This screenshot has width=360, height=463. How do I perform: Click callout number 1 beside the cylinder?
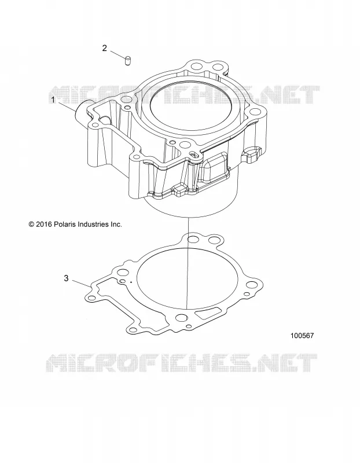click(x=53, y=100)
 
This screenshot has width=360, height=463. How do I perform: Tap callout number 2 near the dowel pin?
click(x=105, y=48)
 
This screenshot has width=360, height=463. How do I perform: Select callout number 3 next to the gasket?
click(x=66, y=278)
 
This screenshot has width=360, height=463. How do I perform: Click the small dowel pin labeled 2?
click(x=128, y=60)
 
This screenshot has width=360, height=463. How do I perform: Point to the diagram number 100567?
click(x=302, y=336)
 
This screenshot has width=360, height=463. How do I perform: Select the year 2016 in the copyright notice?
click(x=44, y=225)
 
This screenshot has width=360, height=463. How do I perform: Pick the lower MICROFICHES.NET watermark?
click(x=182, y=363)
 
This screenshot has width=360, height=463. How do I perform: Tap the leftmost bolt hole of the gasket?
click(x=92, y=297)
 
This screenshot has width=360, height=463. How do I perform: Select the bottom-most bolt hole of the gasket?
click(x=134, y=330)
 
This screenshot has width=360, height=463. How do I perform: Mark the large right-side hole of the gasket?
click(x=252, y=285)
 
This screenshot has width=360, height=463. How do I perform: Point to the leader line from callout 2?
click(x=117, y=54)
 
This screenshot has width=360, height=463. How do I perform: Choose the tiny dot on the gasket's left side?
click(x=131, y=282)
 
